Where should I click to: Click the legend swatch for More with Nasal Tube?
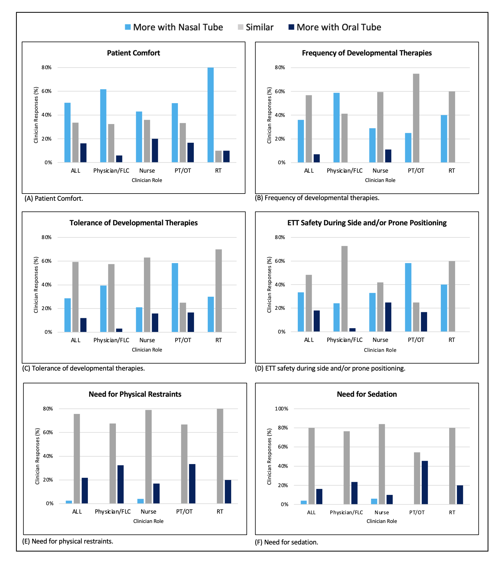(x=128, y=27)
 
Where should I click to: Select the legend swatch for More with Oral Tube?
(x=291, y=27)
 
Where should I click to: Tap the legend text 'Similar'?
(x=259, y=27)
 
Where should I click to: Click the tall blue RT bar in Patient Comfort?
(x=211, y=115)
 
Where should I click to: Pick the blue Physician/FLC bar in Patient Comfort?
(x=103, y=126)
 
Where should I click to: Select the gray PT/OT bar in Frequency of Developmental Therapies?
(x=416, y=118)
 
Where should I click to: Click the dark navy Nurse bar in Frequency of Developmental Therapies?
(x=388, y=156)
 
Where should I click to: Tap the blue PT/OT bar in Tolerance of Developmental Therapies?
(x=175, y=298)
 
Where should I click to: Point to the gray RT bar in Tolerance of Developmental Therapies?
(x=219, y=291)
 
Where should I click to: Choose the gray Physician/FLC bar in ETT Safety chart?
(x=345, y=289)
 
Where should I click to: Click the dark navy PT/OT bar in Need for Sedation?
(x=425, y=482)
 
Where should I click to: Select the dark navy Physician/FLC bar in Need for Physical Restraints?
(x=121, y=484)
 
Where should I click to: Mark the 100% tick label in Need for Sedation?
(x=282, y=409)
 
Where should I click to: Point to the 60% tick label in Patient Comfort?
(x=47, y=91)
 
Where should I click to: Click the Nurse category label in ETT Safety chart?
(x=380, y=340)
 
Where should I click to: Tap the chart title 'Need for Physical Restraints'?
(x=135, y=394)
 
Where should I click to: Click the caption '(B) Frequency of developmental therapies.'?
(x=317, y=198)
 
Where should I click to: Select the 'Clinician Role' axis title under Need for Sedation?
(x=382, y=521)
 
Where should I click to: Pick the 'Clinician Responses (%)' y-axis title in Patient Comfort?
(x=36, y=115)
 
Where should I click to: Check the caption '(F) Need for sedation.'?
(x=287, y=542)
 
